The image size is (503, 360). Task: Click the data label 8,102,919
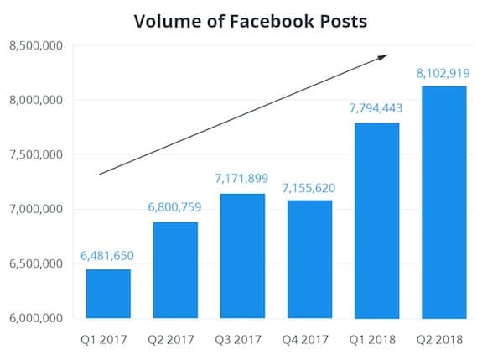click(444, 74)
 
